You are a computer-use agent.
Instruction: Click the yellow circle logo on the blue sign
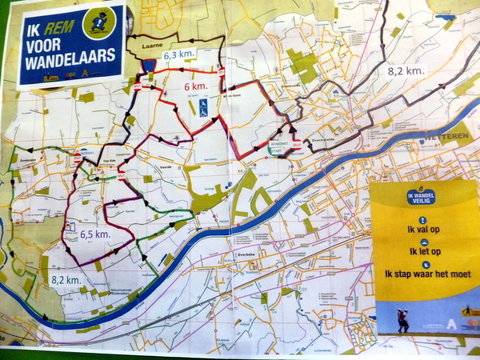pyautogui.click(x=102, y=20)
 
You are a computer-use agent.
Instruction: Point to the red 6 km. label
pyautogui.click(x=197, y=86)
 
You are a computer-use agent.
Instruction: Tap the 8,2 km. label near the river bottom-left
pyautogui.click(x=68, y=281)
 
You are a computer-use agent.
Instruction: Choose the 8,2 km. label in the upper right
pyautogui.click(x=406, y=70)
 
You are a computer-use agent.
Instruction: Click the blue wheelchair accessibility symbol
pyautogui.click(x=203, y=105)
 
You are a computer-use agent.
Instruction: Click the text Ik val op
pyautogui.click(x=422, y=228)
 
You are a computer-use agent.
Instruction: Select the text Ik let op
pyautogui.click(x=422, y=251)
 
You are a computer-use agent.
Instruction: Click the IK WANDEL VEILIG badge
pyautogui.click(x=422, y=196)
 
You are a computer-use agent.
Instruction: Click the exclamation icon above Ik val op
pyautogui.click(x=422, y=218)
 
